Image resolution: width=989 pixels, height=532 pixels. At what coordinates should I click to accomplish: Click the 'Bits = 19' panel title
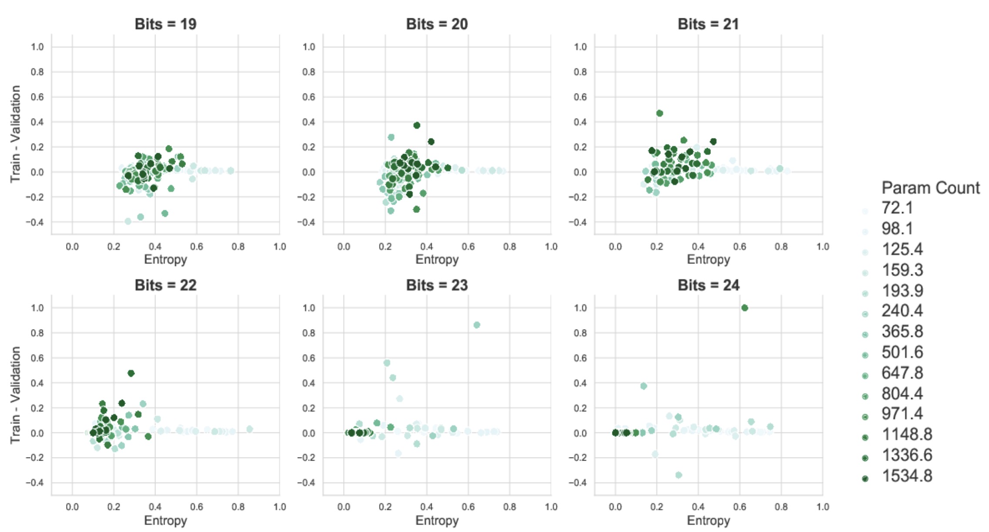165,24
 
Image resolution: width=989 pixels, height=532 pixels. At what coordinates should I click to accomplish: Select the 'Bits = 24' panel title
708,285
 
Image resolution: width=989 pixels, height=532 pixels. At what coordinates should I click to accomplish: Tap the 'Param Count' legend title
930,188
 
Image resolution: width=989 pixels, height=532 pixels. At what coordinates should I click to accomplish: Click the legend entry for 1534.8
907,476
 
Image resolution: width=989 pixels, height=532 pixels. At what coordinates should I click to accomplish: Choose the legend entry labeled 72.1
897,208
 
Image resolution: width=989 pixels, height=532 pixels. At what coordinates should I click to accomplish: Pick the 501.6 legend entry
902,352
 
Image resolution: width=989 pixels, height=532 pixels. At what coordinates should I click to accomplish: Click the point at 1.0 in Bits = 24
744,308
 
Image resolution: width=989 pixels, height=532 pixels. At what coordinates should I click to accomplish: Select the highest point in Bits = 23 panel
477,325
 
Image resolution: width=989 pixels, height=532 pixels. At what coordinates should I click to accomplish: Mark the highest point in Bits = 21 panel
659,113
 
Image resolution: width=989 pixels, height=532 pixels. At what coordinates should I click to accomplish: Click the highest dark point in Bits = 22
131,373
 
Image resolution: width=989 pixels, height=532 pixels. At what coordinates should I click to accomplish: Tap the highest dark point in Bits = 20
417,125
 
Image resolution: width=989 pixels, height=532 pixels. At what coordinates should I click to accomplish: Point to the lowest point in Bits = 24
678,475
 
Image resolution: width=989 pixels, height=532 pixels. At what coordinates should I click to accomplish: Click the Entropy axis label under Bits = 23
437,520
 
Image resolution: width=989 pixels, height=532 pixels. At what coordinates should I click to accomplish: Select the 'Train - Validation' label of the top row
16,134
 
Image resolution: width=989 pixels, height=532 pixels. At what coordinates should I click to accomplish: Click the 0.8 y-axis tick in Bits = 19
37,72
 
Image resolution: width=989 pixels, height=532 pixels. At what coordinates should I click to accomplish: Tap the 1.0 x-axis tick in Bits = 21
822,247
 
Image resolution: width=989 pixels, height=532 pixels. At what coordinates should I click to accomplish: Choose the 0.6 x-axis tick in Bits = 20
468,247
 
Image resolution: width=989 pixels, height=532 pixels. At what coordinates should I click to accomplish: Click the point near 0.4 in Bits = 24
643,386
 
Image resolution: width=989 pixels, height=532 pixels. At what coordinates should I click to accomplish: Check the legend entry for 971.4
902,414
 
